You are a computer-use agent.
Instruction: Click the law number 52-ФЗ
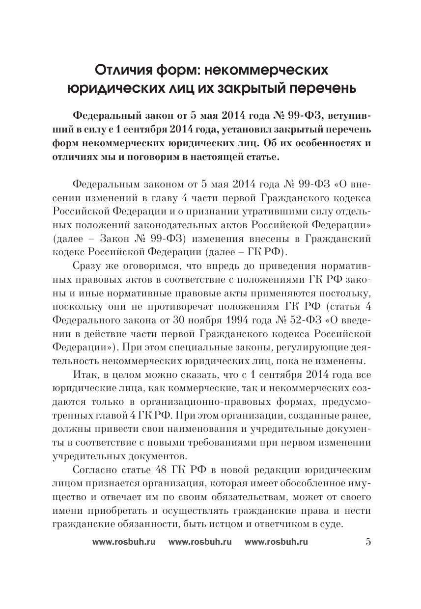tap(325, 321)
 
